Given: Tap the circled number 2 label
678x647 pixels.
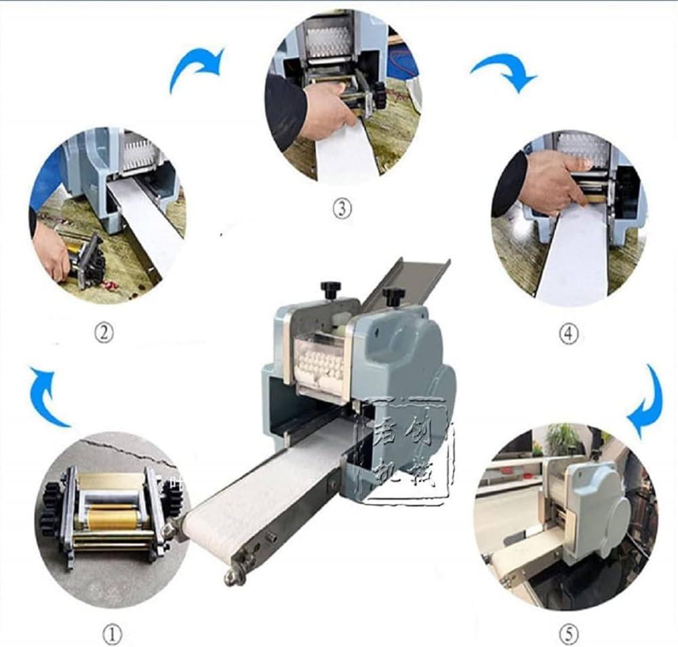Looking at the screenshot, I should tap(103, 333).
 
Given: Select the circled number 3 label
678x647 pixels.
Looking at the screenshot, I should tap(342, 209).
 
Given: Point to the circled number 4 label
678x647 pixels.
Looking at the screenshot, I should tap(568, 334).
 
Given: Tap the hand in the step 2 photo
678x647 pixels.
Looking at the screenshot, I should tap(52, 250).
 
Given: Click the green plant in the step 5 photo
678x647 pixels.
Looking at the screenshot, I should tap(562, 440).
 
